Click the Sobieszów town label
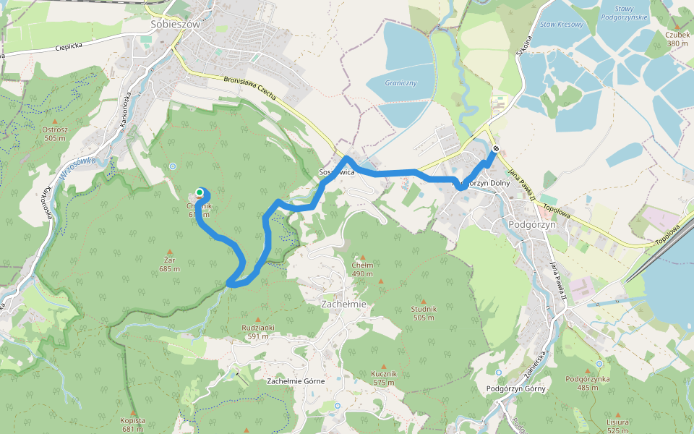coord(174,23)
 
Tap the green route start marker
coord(199,192)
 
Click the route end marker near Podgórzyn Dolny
coord(495,150)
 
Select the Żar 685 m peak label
coord(170,264)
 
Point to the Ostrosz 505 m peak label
coord(55,133)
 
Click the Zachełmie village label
coord(343,305)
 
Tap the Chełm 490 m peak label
coord(362,269)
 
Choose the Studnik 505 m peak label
coord(424,312)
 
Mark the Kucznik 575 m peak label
coord(384,377)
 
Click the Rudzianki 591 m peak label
coord(258,331)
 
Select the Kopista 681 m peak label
coord(133,424)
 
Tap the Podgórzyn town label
coord(531,224)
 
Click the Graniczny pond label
coord(400,82)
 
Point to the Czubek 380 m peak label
coord(677,39)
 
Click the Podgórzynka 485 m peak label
coord(588,383)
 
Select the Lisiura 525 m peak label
coord(619,425)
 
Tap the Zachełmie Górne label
coord(296,380)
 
